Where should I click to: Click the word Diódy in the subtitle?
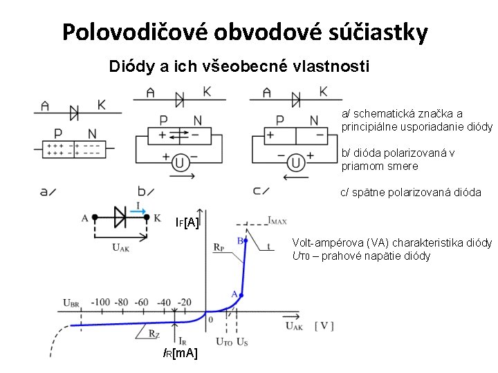pos(129,67)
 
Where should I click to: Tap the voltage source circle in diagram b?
pos(179,162)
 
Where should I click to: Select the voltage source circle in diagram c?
pos(295,162)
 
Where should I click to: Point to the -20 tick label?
pos(184,302)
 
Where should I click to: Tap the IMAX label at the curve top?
pos(277,220)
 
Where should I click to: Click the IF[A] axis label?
pos(187,222)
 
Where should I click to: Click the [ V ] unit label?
pos(324,325)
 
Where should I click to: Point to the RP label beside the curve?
pos(219,246)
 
